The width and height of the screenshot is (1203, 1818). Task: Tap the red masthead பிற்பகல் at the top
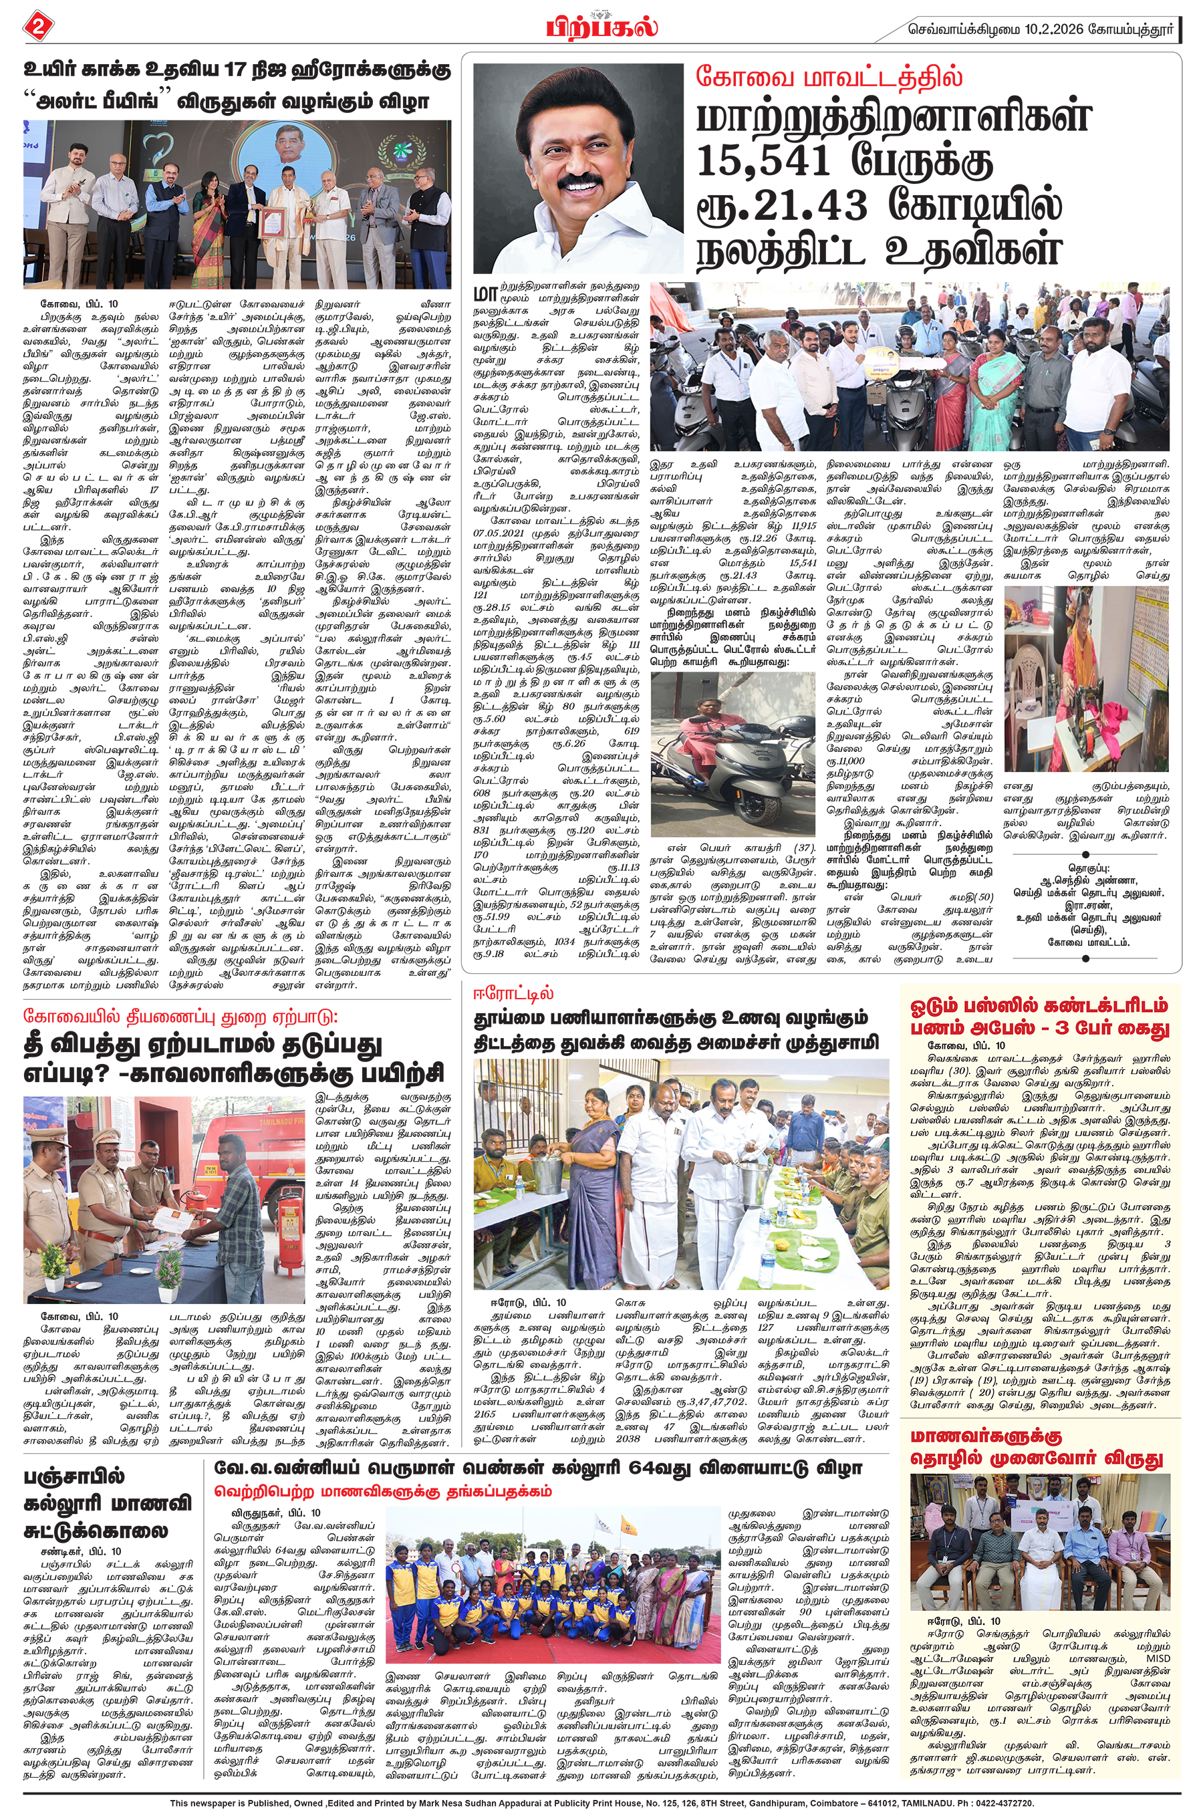click(x=602, y=25)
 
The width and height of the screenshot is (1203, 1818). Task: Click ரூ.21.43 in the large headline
click(x=782, y=207)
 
